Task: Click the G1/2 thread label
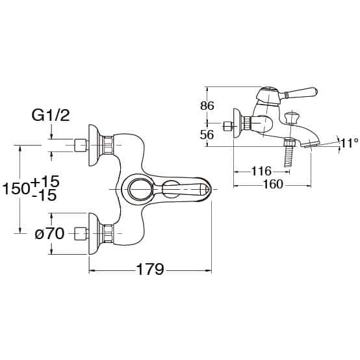(x=51, y=116)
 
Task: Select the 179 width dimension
(x=150, y=269)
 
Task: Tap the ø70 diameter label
(x=49, y=234)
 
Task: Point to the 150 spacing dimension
(x=16, y=188)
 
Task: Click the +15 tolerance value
(x=45, y=181)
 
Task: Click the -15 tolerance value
(x=44, y=196)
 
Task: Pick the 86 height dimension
(x=207, y=106)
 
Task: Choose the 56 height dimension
(x=207, y=135)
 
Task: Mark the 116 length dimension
(x=261, y=171)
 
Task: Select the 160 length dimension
(x=273, y=184)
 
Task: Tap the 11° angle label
(x=349, y=143)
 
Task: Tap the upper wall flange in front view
(x=94, y=146)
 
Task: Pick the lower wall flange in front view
(x=94, y=233)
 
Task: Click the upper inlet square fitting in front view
(x=81, y=145)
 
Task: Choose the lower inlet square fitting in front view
(x=81, y=233)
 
